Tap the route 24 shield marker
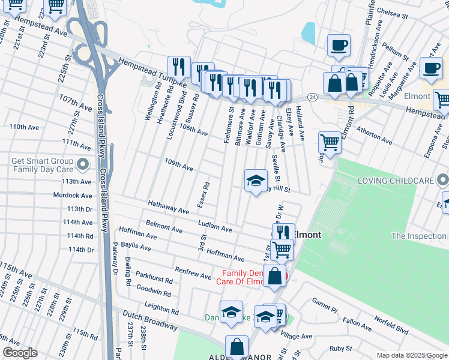click(x=312, y=96)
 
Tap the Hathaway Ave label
click(x=168, y=207)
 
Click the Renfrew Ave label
click(x=193, y=273)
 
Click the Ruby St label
click(x=340, y=348)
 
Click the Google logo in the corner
click(x=20, y=353)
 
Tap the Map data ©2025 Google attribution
click(x=411, y=355)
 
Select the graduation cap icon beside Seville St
click(x=256, y=181)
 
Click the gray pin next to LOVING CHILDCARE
click(x=442, y=180)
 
